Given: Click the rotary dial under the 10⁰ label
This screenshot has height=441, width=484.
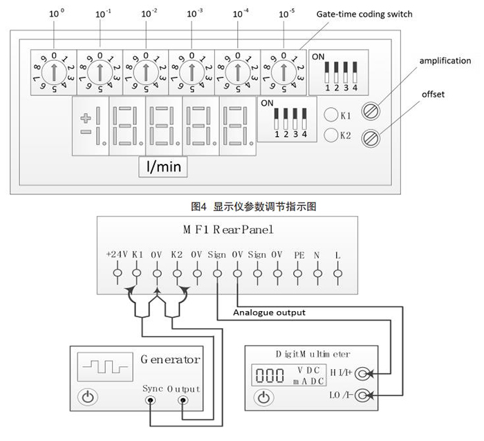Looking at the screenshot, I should coord(53,71).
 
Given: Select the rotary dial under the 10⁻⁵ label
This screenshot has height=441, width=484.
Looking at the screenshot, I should coord(283,71).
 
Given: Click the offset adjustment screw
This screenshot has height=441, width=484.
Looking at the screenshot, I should coord(372,136).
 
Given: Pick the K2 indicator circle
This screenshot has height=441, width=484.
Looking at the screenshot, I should coord(331,135).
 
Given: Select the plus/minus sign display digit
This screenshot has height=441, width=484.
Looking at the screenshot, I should coord(91,126).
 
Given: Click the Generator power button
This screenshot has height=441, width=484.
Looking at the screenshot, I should coord(88,397).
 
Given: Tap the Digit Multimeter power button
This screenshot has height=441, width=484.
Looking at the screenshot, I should coord(263,397).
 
